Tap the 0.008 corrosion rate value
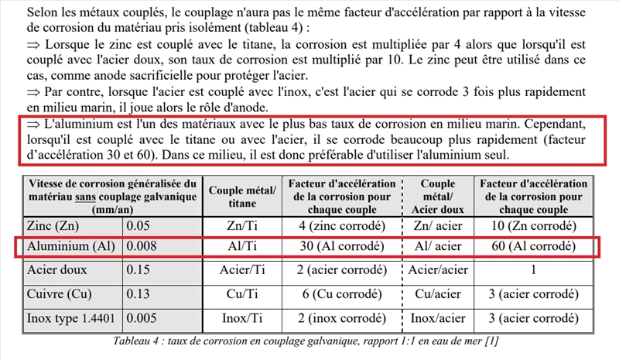143,247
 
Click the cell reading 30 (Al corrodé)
342,247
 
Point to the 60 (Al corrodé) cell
533,247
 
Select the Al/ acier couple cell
438,247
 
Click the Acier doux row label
56,271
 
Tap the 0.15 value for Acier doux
139,271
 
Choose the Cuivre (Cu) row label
58,294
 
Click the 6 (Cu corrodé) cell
342,294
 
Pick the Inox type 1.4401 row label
71,317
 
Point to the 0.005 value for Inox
143,317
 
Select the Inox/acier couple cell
438,317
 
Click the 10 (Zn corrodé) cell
533,226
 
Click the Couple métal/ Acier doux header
438,195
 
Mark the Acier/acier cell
438,271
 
